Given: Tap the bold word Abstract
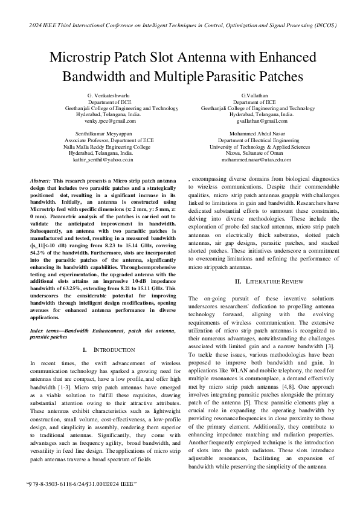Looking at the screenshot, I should click(40, 181).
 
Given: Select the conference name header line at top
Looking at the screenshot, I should click(180, 25).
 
